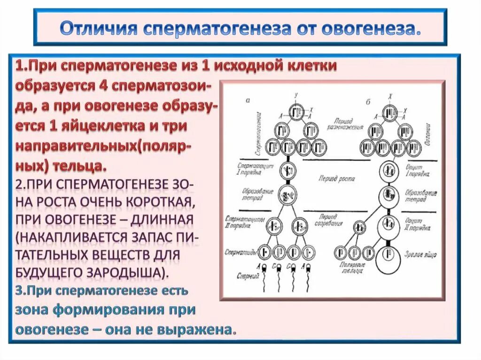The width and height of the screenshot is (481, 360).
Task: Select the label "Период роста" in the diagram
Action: coord(336,179)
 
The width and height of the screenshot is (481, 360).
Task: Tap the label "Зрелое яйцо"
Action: coord(420,254)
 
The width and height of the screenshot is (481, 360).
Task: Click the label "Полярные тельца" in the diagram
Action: coord(352,268)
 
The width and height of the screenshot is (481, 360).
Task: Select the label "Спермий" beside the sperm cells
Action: coord(248,276)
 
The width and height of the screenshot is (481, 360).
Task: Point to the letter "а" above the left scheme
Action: coord(248,100)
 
